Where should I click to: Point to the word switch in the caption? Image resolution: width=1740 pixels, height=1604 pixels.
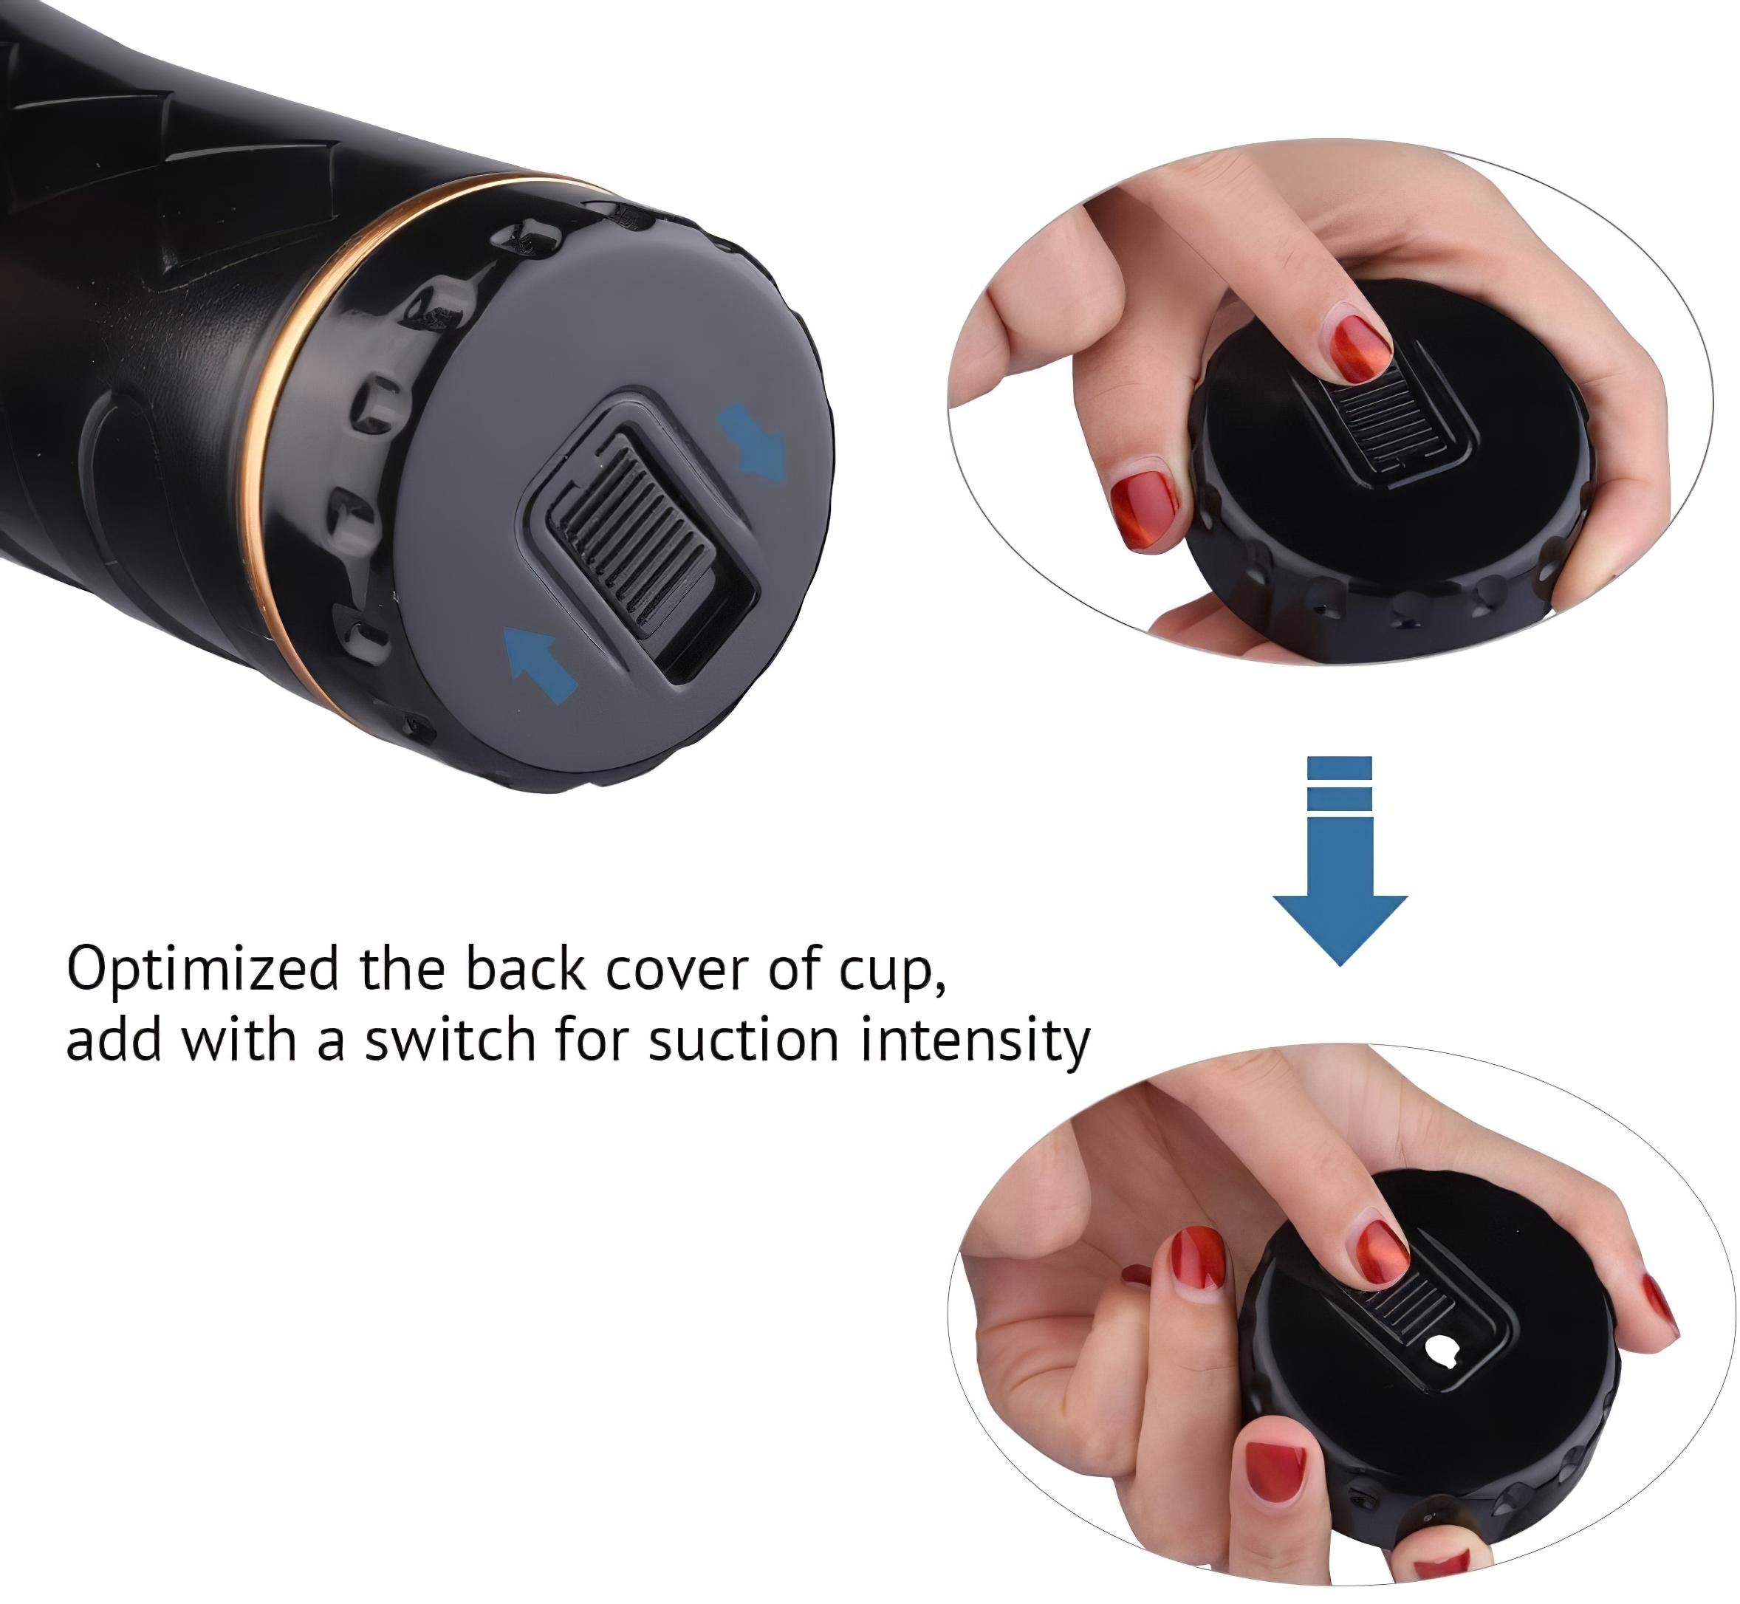click(x=450, y=1040)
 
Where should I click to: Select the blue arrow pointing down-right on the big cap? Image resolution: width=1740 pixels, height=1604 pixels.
click(x=753, y=442)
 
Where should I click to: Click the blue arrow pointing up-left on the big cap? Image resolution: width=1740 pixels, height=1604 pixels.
click(x=540, y=665)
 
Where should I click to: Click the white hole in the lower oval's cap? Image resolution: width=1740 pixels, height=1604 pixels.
click(x=1443, y=1352)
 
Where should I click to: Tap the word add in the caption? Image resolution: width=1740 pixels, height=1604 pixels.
click(x=114, y=1039)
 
